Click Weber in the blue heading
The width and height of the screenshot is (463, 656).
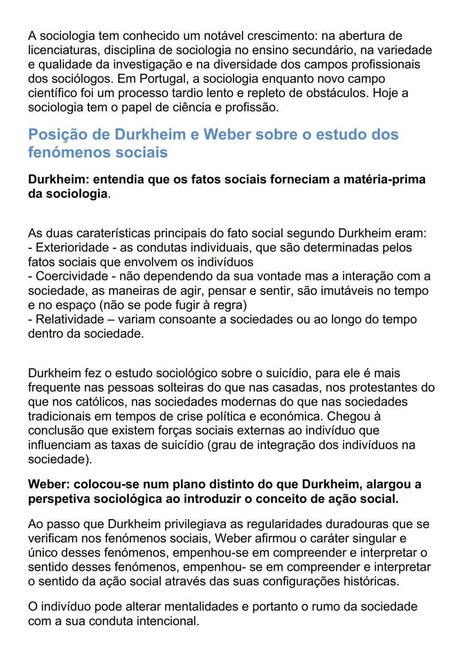point(227,135)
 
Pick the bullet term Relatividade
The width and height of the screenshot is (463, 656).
point(70,319)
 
